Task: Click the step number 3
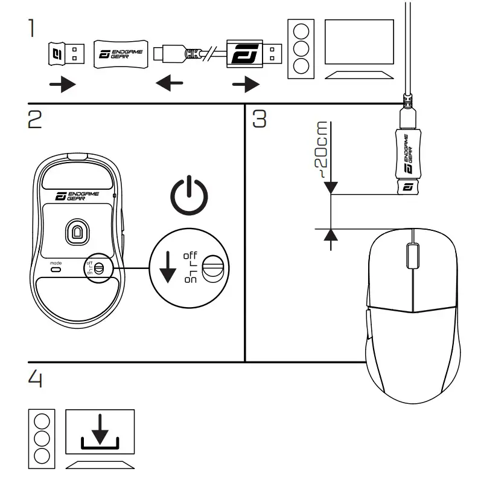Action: pyautogui.click(x=259, y=119)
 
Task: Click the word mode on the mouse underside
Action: pyautogui.click(x=56, y=263)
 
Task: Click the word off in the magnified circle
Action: pyautogui.click(x=190, y=254)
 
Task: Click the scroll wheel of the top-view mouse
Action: pyautogui.click(x=412, y=253)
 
